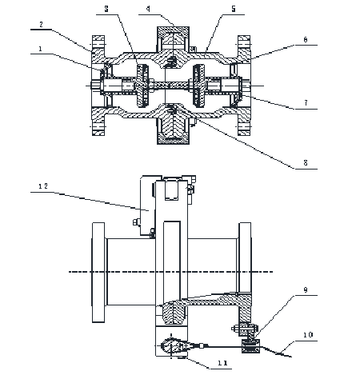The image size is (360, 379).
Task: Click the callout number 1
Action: (40, 49)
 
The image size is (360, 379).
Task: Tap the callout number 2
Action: (41, 25)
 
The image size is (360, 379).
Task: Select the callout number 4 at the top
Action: (148, 9)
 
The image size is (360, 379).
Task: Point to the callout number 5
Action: (234, 9)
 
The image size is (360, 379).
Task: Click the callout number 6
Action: (306, 40)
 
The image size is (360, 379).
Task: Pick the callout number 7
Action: (306, 103)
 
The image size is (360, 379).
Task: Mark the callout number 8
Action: (306, 162)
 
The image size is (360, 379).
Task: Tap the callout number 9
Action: (306, 290)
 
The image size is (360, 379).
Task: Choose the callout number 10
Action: (308, 335)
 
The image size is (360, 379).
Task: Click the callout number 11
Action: (222, 363)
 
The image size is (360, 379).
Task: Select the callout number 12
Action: (43, 186)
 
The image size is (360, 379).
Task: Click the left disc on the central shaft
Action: (142, 86)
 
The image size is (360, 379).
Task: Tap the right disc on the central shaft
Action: (199, 86)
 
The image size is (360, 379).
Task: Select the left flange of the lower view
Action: (98, 273)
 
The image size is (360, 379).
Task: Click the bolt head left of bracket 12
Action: (136, 221)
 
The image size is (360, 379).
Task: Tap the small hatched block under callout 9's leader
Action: (251, 345)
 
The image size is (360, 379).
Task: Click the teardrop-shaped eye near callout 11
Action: (170, 345)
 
